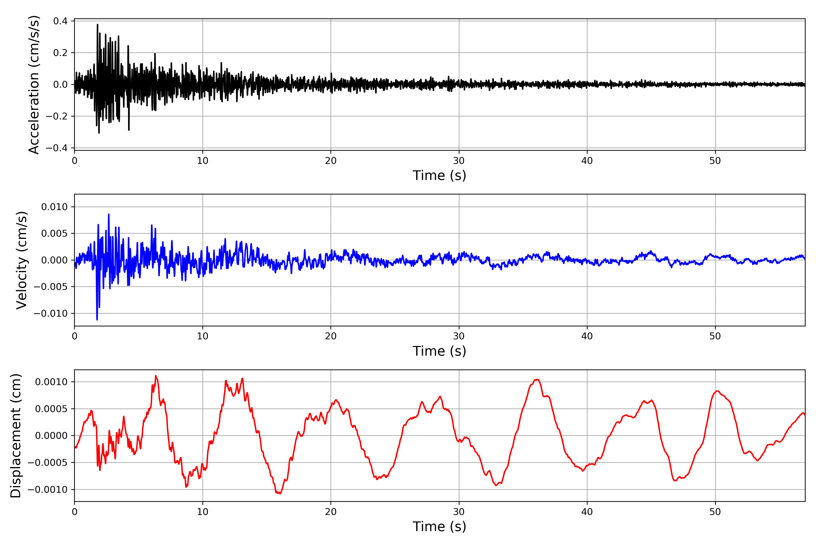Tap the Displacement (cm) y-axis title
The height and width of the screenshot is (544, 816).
tap(16, 435)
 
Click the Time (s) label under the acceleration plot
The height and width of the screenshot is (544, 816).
tap(439, 175)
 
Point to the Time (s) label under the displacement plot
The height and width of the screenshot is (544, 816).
tap(439, 526)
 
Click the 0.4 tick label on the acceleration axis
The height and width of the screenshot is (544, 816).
tap(60, 21)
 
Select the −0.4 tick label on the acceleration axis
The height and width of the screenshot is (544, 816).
tap(57, 148)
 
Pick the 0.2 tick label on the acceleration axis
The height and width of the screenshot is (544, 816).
tap(60, 53)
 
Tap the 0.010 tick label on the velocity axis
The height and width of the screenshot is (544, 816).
tap(54, 207)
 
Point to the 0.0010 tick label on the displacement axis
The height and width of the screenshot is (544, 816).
tap(51, 382)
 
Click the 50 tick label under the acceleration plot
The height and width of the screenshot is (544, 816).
tap(715, 161)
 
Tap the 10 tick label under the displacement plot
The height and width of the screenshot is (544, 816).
tap(203, 512)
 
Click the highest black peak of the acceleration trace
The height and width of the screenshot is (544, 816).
tap(97, 25)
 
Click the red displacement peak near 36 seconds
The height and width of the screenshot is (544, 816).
tap(537, 379)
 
